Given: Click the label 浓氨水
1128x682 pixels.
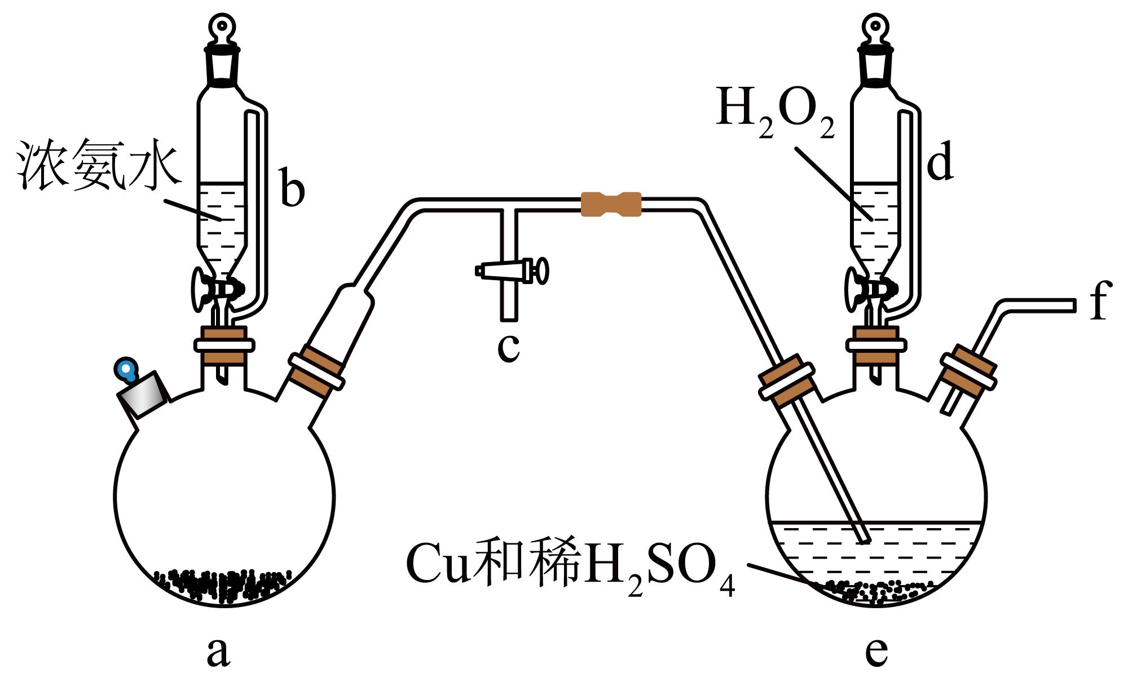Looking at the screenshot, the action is (99, 164).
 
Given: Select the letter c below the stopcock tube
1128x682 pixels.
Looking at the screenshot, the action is (508, 347).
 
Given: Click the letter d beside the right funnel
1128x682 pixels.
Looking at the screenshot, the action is (940, 161).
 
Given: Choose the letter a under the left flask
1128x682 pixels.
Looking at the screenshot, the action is (218, 652).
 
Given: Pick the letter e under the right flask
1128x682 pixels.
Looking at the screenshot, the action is (876, 652).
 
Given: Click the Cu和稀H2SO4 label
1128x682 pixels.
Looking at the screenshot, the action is (570, 566).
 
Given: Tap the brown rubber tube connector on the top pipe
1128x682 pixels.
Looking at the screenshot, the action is (611, 204).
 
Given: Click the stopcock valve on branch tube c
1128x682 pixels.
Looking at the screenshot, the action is (512, 271).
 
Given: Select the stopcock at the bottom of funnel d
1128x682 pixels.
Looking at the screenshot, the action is (871, 289).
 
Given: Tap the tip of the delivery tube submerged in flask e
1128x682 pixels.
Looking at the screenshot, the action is (865, 540).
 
